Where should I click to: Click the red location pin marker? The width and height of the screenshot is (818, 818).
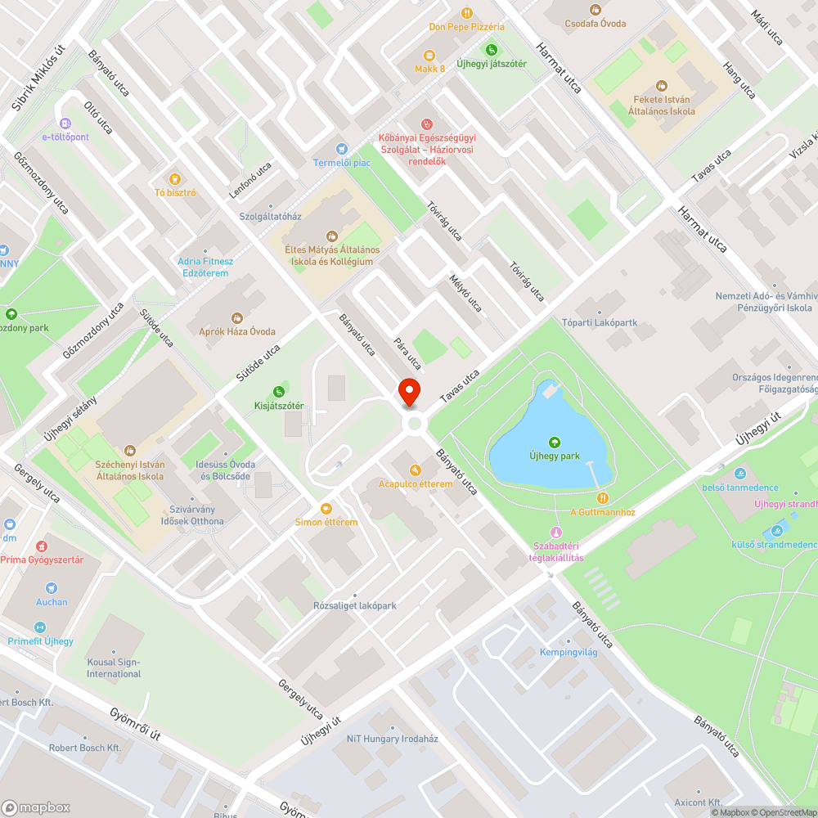coord(409,393)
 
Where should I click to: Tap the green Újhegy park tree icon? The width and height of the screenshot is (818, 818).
coord(555,442)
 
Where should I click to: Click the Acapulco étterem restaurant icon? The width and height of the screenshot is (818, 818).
coord(416,470)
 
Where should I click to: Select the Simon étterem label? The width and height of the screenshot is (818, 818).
coord(326,522)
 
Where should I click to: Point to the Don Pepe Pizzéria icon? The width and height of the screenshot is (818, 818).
coord(467,13)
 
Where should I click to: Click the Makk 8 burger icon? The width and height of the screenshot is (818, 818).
coord(429,55)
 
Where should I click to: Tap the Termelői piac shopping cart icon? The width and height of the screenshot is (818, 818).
coord(342,149)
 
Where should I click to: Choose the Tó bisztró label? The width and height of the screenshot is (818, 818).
coord(175,193)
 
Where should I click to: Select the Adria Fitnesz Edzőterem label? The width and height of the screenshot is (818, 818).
coord(205,267)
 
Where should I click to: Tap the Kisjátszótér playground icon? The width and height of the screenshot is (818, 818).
coord(279,392)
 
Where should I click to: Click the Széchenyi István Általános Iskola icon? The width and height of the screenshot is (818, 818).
coord(129,450)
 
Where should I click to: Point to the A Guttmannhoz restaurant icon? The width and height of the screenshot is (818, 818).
coord(603,498)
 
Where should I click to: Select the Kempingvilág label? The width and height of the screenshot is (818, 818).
coord(569,652)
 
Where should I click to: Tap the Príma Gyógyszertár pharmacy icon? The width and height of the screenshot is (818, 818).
coord(41,546)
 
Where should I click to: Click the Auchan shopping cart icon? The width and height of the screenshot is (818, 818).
coord(52,588)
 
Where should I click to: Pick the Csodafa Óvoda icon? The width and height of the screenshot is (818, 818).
coord(596,10)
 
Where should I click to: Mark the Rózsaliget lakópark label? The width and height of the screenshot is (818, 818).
coord(355,605)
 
